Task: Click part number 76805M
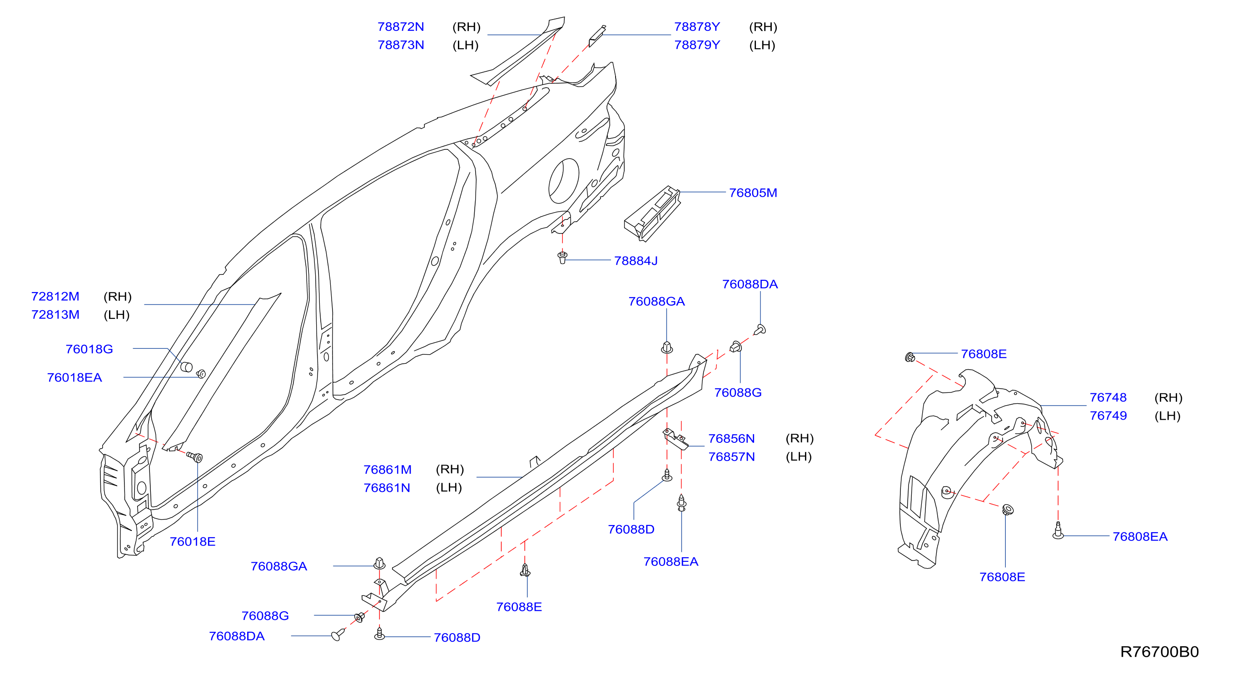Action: coord(753,193)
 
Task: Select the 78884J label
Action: coord(636,261)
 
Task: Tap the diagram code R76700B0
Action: coord(1159,652)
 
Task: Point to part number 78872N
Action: coord(400,27)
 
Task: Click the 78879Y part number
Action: coord(697,45)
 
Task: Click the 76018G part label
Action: coord(89,349)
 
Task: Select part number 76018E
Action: coord(192,541)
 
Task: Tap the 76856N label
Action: coord(731,438)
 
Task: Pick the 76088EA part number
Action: coord(671,562)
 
